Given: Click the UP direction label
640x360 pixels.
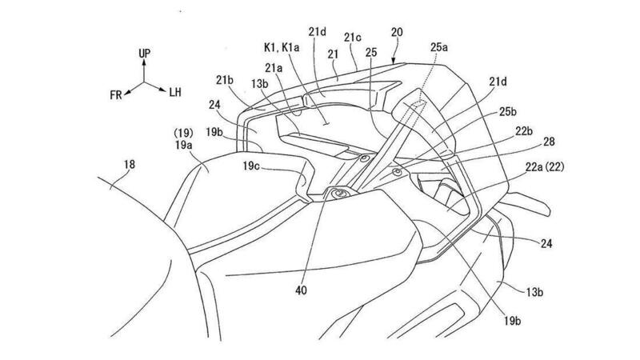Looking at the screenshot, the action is (144, 53).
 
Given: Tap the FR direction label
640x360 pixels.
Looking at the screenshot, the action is (116, 95).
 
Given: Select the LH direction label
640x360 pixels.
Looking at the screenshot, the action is (175, 92).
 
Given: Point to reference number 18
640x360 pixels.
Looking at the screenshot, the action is (130, 165).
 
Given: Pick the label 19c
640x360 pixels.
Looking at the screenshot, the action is (251, 166).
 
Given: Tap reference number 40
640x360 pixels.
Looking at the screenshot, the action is (301, 290).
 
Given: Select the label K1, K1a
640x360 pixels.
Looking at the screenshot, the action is (282, 47).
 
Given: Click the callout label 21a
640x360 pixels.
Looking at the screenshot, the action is (274, 67).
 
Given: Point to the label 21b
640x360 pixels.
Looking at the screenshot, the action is (225, 81).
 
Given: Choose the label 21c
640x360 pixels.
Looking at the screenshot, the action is (353, 38).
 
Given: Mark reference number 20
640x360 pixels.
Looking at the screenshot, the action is (397, 32).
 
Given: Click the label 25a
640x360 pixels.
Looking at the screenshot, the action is (438, 47).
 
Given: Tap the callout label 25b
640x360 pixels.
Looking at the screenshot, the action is (508, 111).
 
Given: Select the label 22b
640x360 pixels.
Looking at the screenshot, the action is (524, 131).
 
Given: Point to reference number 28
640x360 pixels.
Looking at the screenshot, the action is (549, 142).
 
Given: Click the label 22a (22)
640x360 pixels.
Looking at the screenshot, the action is (545, 166).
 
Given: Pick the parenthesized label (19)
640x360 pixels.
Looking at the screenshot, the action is (183, 133).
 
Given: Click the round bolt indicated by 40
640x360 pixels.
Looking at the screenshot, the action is (339, 194).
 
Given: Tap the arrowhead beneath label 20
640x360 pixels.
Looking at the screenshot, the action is (393, 62).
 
